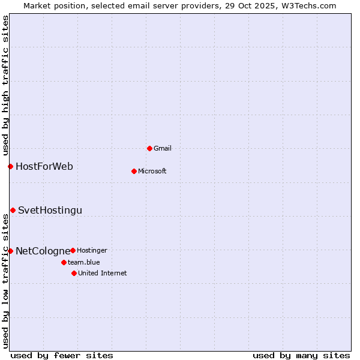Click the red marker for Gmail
(x=149, y=148)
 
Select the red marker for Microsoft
(x=134, y=171)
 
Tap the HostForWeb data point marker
(x=10, y=166)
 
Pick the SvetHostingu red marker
(x=13, y=210)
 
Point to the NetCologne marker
(x=10, y=251)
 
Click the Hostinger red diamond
(x=73, y=250)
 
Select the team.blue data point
(x=64, y=262)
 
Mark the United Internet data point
(x=74, y=273)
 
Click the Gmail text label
(x=163, y=148)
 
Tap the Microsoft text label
(x=152, y=171)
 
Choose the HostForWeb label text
(x=44, y=166)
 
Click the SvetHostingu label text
(x=50, y=210)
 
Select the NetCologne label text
(x=43, y=251)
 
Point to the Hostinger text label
(x=92, y=250)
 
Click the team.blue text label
(x=84, y=262)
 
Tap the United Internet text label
(x=103, y=273)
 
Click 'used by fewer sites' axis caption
(x=62, y=355)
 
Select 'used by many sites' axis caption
(x=301, y=355)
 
